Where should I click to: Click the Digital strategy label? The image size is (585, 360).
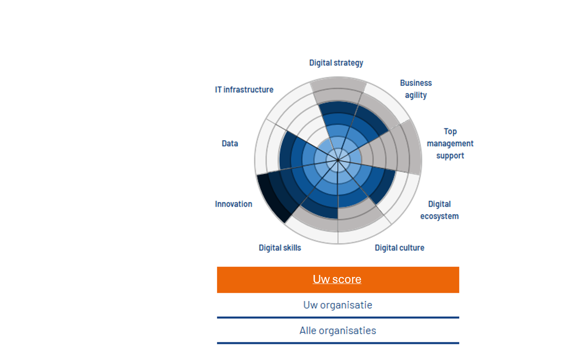click(x=336, y=63)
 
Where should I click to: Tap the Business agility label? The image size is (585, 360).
click(x=416, y=89)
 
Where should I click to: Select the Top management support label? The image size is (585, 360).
click(x=450, y=143)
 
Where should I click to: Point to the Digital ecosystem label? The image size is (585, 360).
click(x=439, y=210)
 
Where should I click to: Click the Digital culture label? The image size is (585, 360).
click(x=400, y=248)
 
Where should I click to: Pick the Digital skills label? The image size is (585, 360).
click(x=280, y=248)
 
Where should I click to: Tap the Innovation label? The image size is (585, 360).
click(x=233, y=204)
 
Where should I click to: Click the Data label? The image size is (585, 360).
click(x=230, y=143)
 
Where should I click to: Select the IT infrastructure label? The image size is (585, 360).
click(x=244, y=90)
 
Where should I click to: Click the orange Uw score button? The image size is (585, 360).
click(x=338, y=279)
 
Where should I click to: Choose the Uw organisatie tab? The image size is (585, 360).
click(x=338, y=305)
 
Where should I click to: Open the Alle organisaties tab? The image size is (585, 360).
click(x=338, y=331)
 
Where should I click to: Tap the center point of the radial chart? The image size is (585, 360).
click(x=338, y=160)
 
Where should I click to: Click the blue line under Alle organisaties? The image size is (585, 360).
click(x=338, y=343)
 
